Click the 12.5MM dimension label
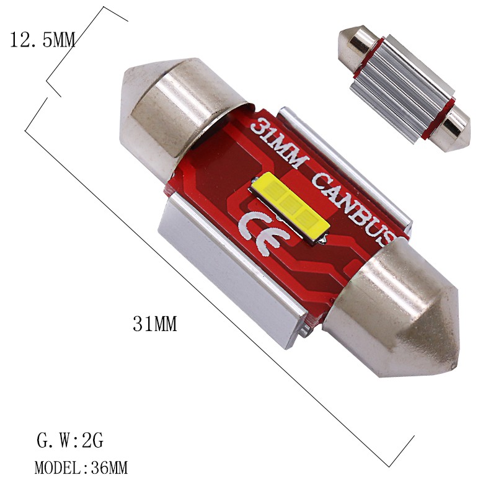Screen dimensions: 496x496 pos(42,41)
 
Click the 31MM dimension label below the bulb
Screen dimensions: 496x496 pos(155,324)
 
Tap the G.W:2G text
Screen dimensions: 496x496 pos(69,442)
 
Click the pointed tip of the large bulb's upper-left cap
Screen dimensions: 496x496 pos(125,81)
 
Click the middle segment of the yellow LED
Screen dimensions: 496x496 pos(289,205)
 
